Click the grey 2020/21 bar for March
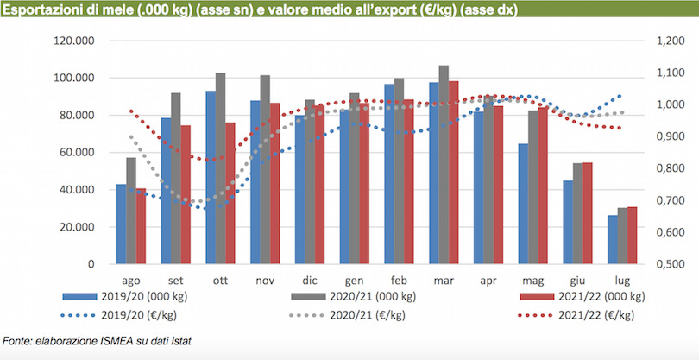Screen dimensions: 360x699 (444, 164)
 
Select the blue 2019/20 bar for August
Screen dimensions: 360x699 (121, 224)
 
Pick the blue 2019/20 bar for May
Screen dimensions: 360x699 (523, 203)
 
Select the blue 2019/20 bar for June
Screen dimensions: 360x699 (568, 221)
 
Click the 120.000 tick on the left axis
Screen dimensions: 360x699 (73, 41)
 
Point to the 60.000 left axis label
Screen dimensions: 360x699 (76, 153)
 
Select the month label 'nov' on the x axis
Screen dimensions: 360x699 (265, 281)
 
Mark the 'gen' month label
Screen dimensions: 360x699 (354, 281)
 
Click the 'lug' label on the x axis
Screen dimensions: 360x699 (621, 281)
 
